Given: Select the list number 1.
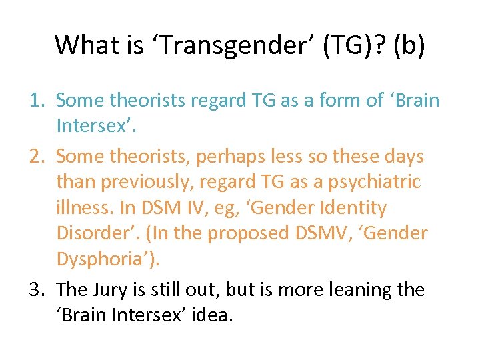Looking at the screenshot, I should pos(37,100).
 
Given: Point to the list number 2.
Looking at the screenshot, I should pos(37,157).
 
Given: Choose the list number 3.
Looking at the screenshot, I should pos(37,289).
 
